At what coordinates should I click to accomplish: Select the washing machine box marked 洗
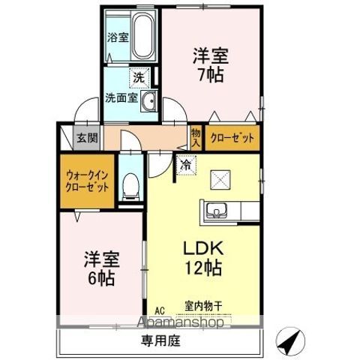coord(139,76)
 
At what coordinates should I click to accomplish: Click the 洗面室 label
coord(120,97)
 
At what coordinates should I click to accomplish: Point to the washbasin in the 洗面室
coord(148,102)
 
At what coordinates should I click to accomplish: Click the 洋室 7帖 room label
coord(210,65)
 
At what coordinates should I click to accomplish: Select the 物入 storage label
coord(196,136)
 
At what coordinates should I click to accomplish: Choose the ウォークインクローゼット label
coord(84,180)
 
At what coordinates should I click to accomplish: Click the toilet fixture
coord(132,184)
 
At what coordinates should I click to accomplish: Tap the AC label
coord(159,308)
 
